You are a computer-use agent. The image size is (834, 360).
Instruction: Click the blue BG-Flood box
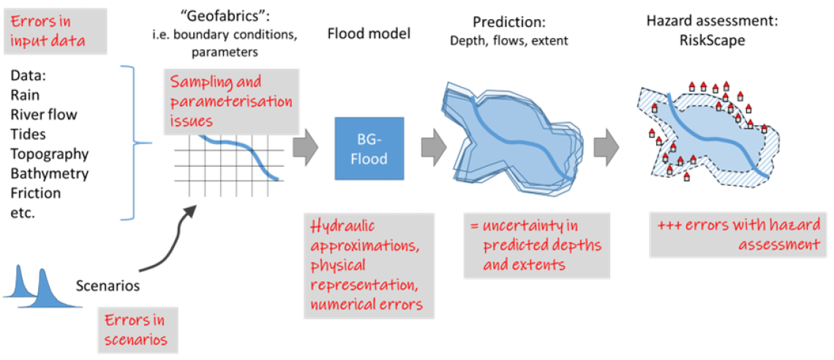coord(369,149)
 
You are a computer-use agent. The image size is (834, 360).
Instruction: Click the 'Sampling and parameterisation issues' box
coord(231,101)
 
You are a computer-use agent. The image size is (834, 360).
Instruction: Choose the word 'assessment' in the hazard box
coord(778,244)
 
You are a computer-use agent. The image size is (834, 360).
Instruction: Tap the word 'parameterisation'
coord(231,101)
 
